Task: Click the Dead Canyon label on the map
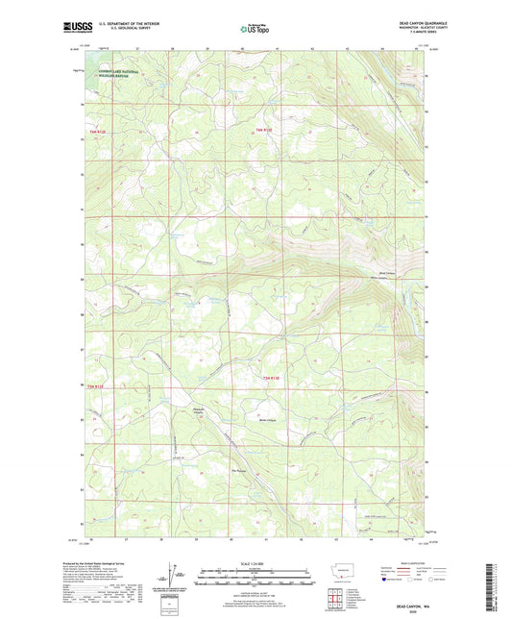click(x=387, y=273)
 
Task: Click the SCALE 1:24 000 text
click(x=255, y=562)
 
